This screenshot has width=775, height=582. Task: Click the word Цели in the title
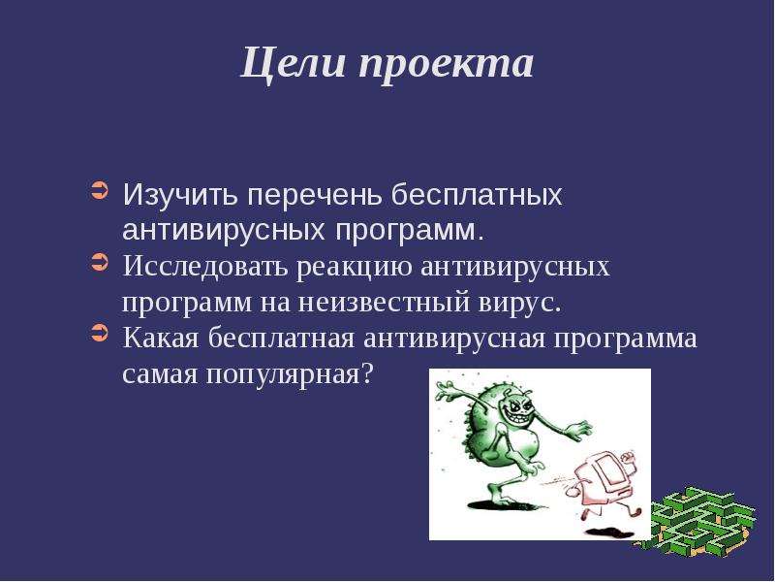point(293,63)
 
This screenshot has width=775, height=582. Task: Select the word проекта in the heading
point(447,67)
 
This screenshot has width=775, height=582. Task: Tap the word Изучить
point(180,195)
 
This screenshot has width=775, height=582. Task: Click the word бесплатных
point(477,195)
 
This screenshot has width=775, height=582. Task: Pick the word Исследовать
point(205,267)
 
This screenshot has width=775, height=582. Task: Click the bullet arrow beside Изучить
point(100,191)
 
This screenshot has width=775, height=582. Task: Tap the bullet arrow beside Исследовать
point(100,262)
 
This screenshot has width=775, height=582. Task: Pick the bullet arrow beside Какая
point(100,333)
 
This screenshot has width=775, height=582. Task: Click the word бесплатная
point(281,339)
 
